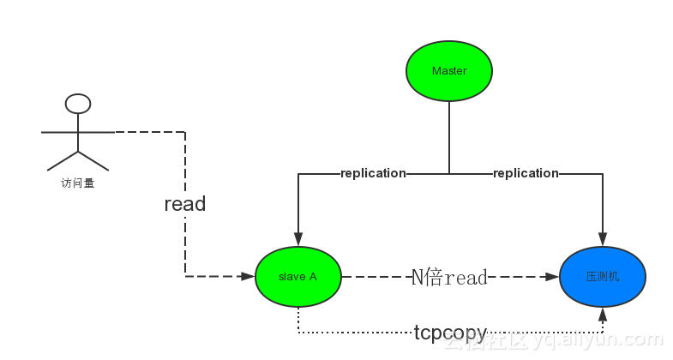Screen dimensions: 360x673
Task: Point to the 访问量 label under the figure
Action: pos(77,183)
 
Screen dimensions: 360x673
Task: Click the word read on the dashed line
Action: pos(185,204)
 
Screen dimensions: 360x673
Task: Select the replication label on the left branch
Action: pos(373,173)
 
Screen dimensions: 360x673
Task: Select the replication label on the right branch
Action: pos(526,173)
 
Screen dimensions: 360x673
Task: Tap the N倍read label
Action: pos(449,277)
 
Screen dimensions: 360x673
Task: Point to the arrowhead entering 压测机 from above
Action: pos(603,241)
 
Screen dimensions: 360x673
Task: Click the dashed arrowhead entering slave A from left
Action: pos(249,277)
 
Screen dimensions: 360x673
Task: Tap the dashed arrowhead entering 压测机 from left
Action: pos(553,277)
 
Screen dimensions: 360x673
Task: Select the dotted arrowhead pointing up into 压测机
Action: pos(603,315)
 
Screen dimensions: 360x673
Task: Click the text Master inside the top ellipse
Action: pos(448,70)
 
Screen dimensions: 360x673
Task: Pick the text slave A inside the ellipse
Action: pos(298,277)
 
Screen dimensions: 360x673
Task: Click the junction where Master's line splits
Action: pos(449,173)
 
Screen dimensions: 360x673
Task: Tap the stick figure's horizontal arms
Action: pos(78,132)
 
